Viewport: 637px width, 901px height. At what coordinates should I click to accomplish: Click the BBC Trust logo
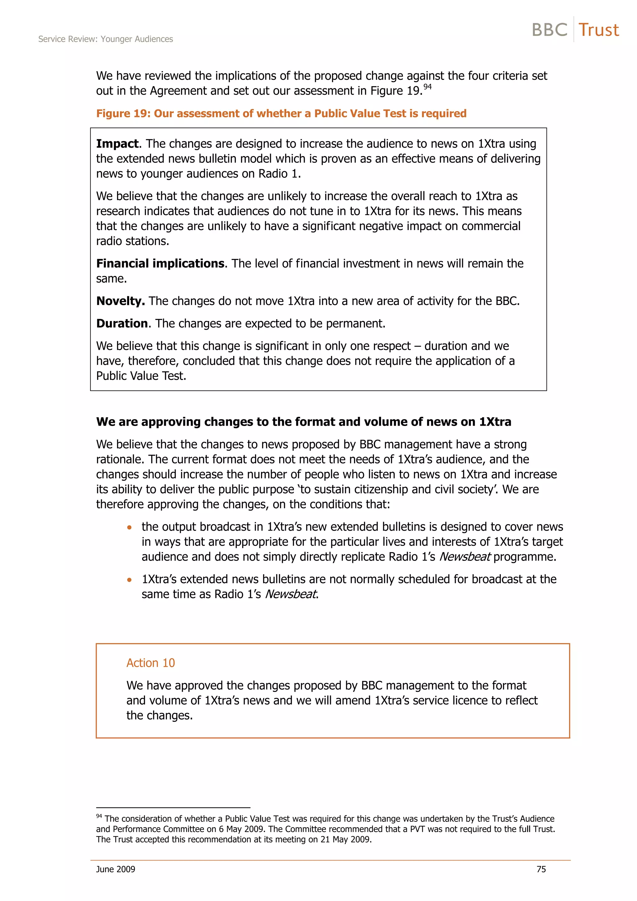575,30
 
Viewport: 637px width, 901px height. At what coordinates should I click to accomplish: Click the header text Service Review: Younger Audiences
105,39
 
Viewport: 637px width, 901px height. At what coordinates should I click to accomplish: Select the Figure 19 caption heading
281,113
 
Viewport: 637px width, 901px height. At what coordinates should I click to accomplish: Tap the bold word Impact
117,144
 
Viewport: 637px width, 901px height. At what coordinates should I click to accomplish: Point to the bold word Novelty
120,301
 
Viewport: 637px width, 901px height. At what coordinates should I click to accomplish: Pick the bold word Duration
122,323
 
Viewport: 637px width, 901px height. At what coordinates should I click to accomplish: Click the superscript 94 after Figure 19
427,87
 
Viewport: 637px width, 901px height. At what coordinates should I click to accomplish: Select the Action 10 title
150,663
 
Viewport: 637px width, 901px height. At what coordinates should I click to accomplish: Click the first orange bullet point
129,527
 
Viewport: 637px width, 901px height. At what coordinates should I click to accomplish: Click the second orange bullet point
129,580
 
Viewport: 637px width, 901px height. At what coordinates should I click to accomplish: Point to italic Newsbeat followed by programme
465,557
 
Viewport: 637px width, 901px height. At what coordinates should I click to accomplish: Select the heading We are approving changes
303,422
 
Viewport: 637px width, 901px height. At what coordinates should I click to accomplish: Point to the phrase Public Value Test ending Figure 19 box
141,376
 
